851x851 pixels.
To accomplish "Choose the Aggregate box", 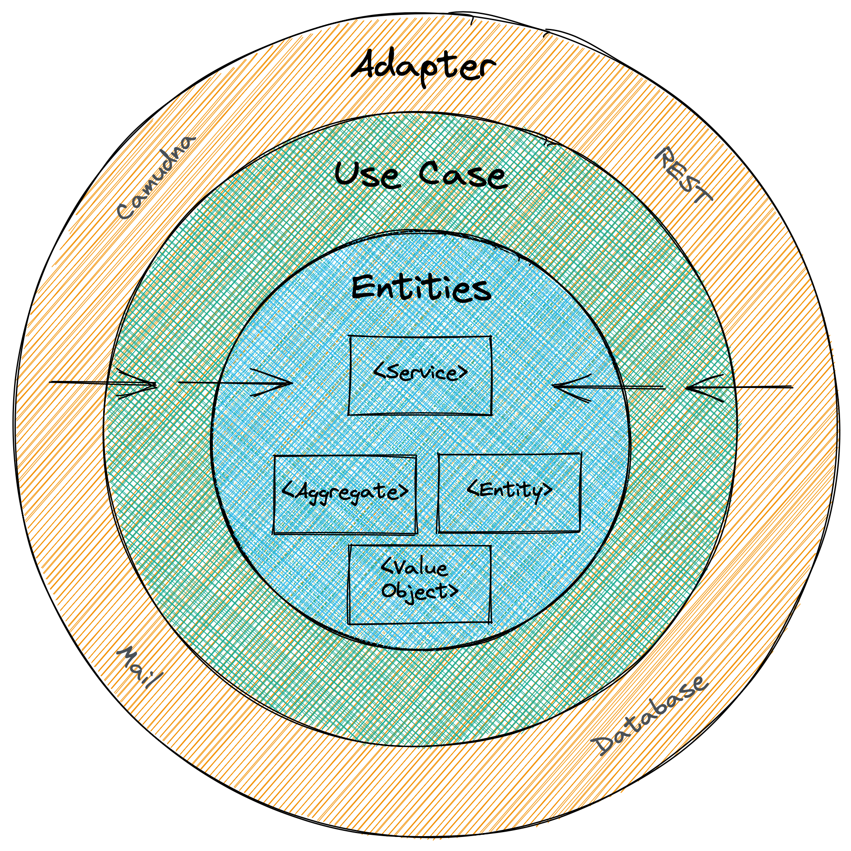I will [345, 494].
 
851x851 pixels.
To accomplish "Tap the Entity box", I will [509, 492].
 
